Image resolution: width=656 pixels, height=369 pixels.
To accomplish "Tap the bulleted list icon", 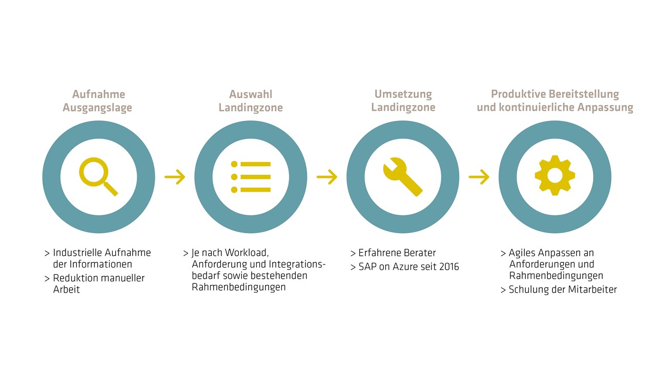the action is [x=251, y=177].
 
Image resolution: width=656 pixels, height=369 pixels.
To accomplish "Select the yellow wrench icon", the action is [x=403, y=177].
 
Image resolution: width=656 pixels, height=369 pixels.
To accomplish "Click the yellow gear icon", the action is [x=555, y=175].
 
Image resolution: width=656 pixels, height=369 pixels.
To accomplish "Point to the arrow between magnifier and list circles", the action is [x=175, y=177].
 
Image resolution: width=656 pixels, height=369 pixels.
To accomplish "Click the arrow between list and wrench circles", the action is [x=327, y=177].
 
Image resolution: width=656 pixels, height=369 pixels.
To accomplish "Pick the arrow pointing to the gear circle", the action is [x=479, y=177].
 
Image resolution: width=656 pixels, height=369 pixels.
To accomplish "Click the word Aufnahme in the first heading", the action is [x=99, y=94].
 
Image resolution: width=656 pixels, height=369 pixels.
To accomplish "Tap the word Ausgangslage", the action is [x=97, y=108].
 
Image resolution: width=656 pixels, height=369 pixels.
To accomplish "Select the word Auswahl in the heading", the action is [x=251, y=94].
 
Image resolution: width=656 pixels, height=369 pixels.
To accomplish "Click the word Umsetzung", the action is [x=403, y=94].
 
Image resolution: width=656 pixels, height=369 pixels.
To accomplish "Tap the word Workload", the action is [x=247, y=253].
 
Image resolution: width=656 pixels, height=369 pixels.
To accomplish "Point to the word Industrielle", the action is [x=77, y=253].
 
